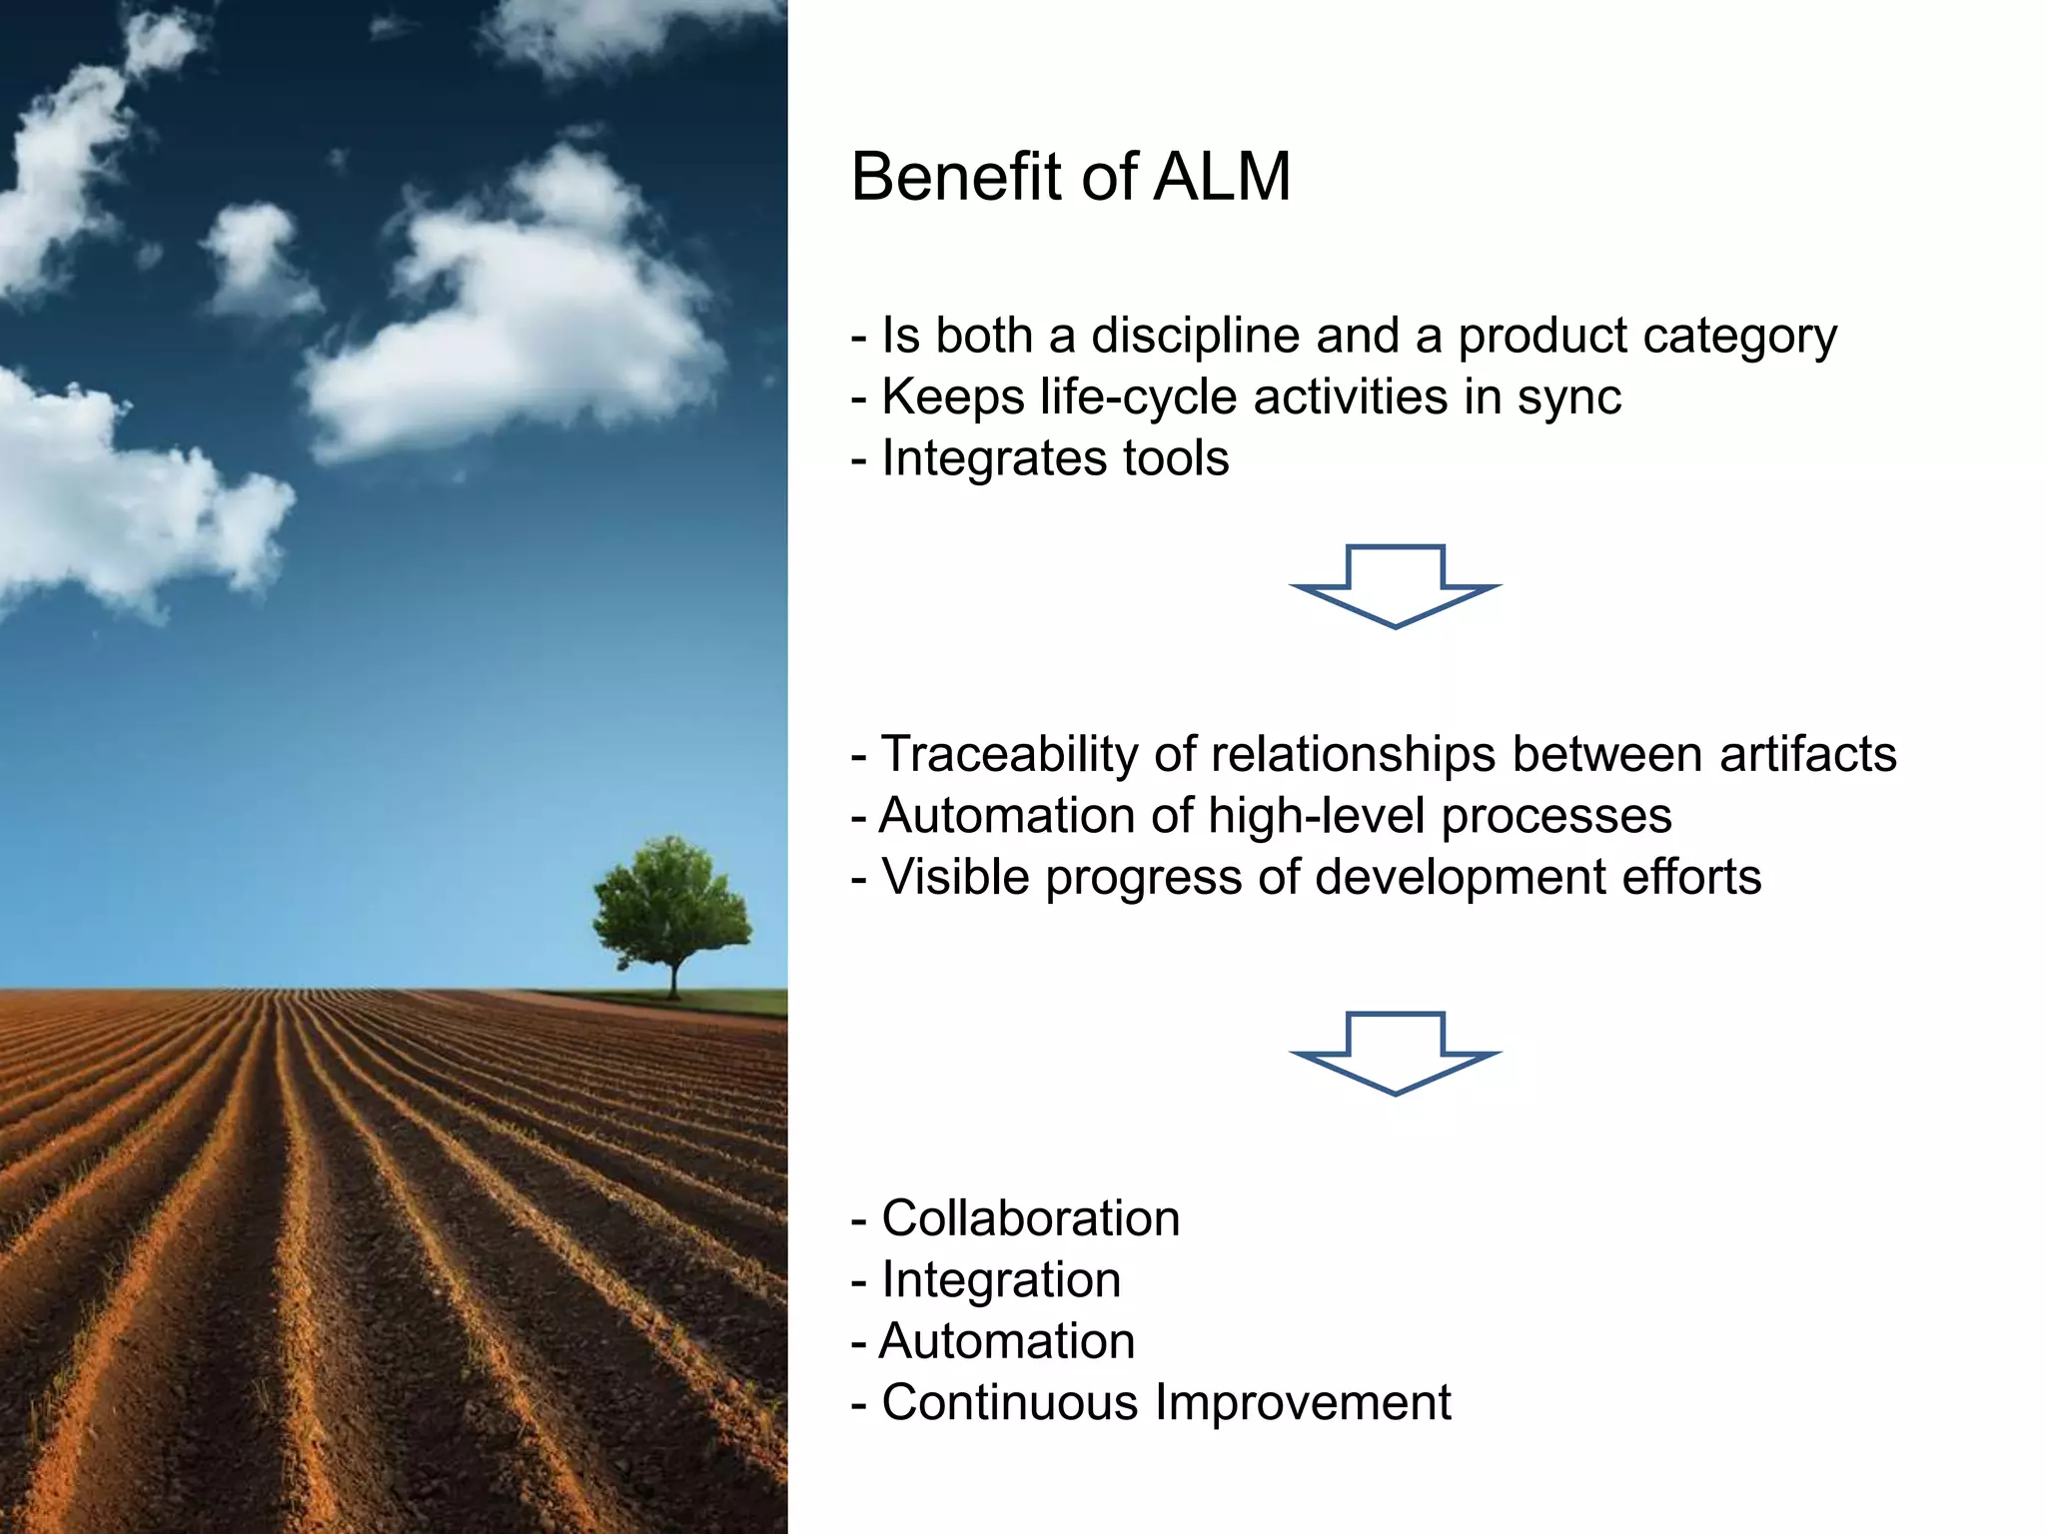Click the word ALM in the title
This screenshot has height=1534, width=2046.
point(1222,178)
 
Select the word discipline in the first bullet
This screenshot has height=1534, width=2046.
point(1195,337)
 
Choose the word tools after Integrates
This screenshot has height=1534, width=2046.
point(1176,459)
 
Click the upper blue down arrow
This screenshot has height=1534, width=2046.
point(1395,589)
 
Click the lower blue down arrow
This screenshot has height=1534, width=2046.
point(1395,1057)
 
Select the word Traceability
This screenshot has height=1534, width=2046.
point(1009,755)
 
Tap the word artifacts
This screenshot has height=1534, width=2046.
point(1807,755)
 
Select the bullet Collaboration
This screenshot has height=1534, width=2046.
point(1030,1219)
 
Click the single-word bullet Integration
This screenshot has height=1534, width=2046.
point(1001,1280)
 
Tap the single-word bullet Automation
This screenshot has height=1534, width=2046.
point(1006,1342)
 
